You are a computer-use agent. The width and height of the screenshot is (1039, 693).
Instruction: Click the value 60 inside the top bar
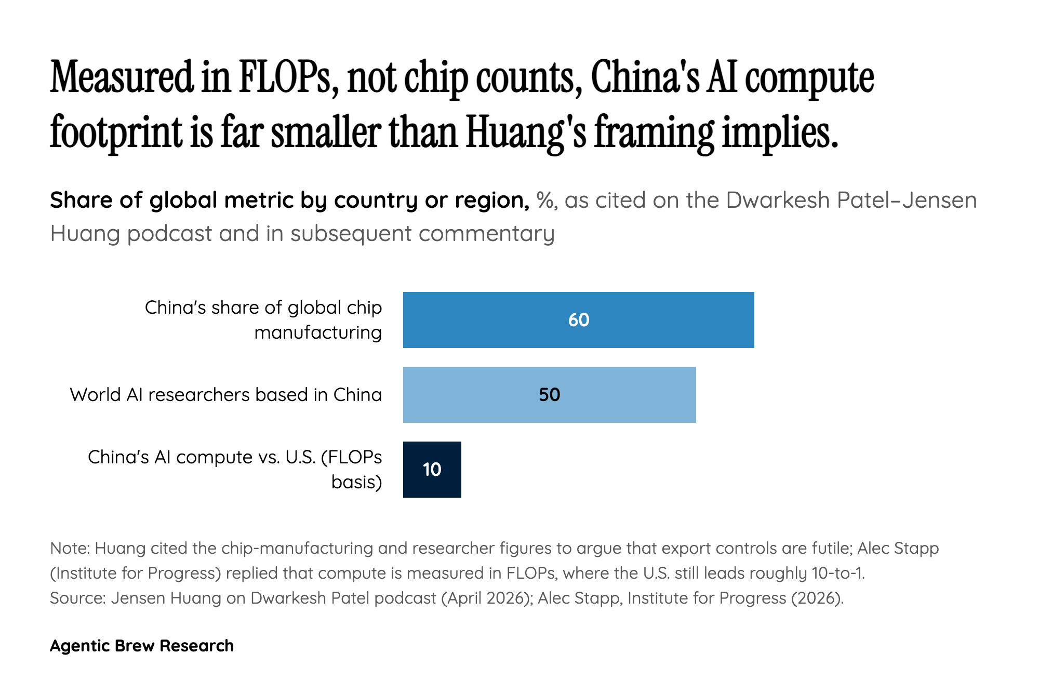click(579, 320)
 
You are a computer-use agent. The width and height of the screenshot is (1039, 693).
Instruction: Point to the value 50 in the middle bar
click(549, 395)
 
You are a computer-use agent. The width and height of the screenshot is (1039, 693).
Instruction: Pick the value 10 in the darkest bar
click(432, 470)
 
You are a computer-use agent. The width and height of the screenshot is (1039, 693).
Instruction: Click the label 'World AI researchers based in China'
click(226, 395)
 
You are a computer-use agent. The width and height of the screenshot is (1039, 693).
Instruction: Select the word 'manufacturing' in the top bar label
click(318, 332)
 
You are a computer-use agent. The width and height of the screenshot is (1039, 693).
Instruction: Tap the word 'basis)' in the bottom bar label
click(356, 482)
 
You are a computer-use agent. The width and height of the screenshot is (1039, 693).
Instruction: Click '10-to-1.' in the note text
click(838, 573)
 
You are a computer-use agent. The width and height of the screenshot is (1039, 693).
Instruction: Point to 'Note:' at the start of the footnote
click(70, 548)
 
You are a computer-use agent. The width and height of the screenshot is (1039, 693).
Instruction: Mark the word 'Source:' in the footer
click(78, 598)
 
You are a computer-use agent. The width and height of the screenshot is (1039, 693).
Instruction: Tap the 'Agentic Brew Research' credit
click(142, 646)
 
